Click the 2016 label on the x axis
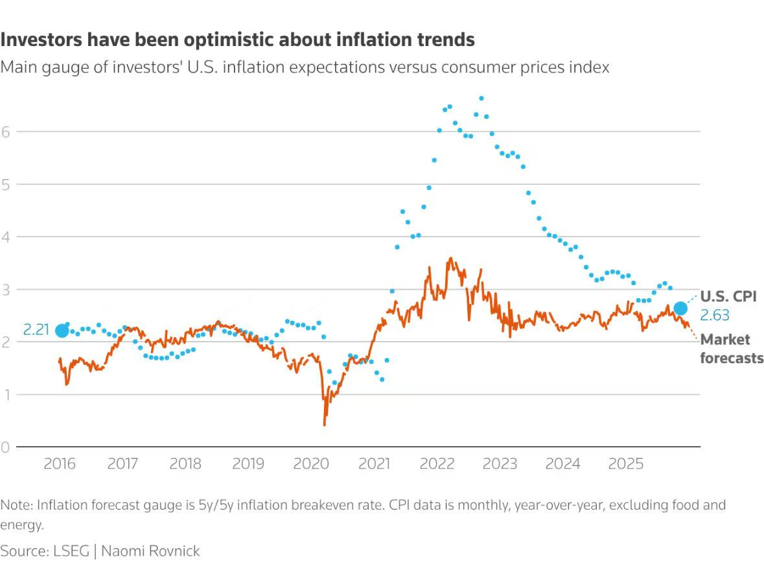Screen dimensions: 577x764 [x=60, y=464]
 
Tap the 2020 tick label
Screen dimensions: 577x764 [x=310, y=464]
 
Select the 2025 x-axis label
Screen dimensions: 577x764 [x=627, y=464]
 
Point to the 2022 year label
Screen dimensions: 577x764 [x=437, y=464]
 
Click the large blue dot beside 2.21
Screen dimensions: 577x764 [x=62, y=331]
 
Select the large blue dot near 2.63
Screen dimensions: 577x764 [x=680, y=309]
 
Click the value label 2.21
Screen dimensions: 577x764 [x=36, y=330]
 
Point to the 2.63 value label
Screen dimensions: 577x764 [x=715, y=316]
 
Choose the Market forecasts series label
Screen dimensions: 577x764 [x=732, y=349]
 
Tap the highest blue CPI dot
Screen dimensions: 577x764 [x=481, y=99]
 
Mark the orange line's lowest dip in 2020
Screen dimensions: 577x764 [x=324, y=425]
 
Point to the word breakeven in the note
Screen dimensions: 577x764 [x=347, y=505]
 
